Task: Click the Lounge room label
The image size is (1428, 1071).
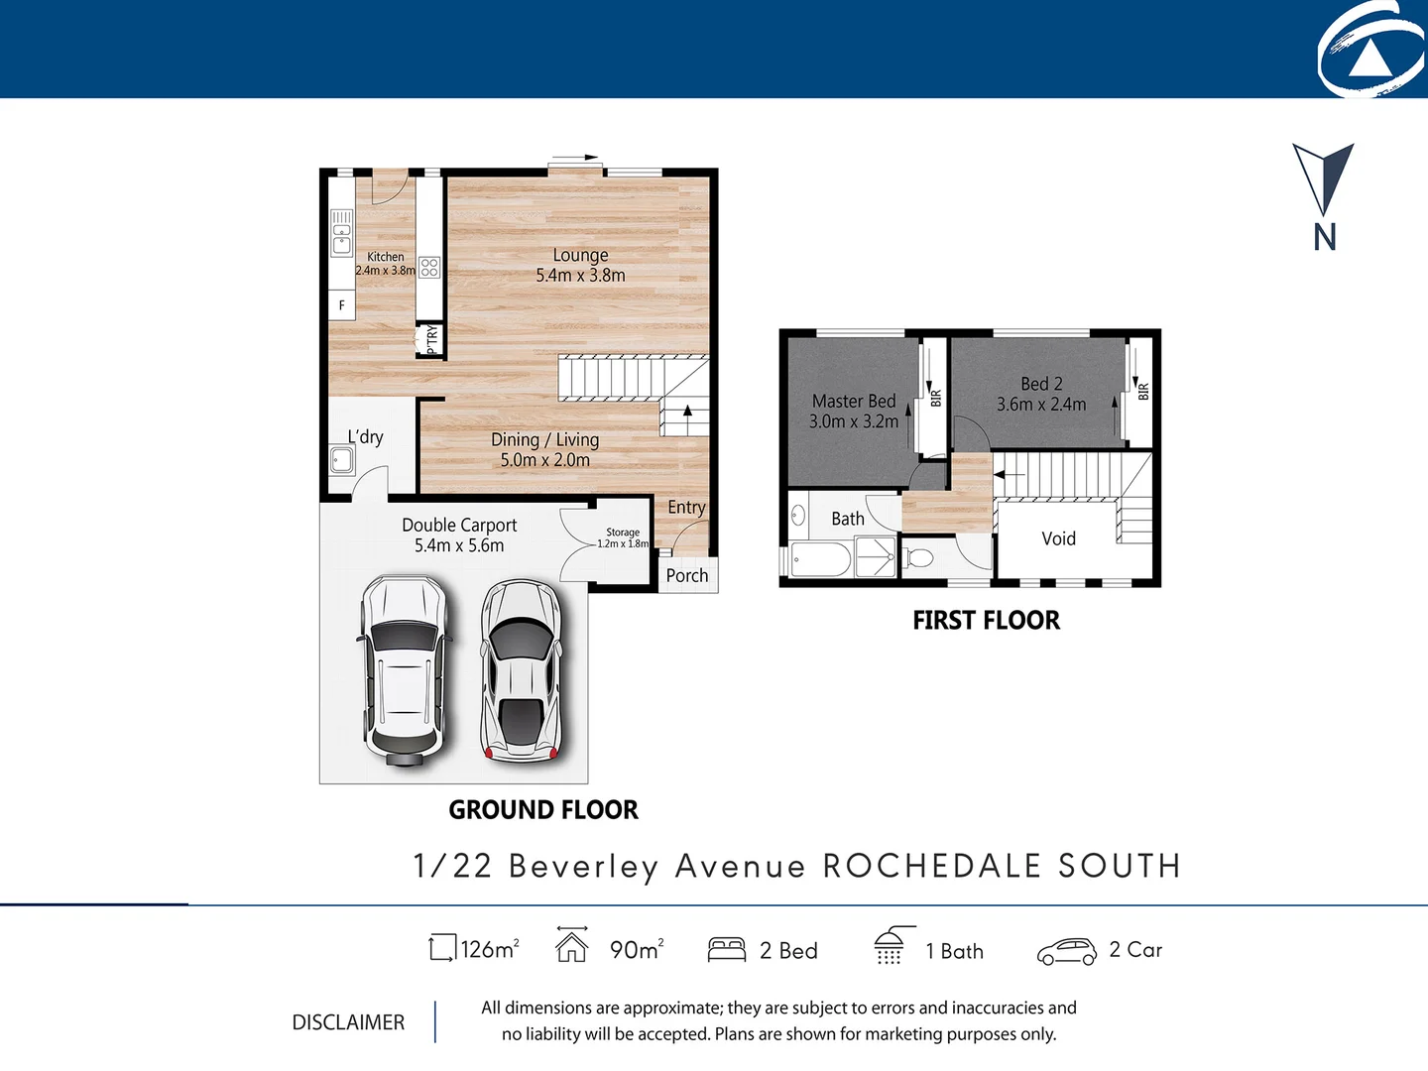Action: [580, 256]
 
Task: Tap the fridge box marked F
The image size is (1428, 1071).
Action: [342, 305]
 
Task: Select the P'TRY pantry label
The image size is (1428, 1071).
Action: [431, 340]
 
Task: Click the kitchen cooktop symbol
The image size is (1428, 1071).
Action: [429, 267]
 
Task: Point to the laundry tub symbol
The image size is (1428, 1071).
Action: [342, 460]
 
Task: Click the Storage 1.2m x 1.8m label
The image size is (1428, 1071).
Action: [623, 537]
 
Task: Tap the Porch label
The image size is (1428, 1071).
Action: [686, 575]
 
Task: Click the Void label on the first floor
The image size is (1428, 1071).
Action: [1058, 538]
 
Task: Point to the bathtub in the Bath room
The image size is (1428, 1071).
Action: [820, 559]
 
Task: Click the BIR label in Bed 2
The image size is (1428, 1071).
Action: [1143, 391]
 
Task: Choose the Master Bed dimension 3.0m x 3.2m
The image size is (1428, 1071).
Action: [854, 421]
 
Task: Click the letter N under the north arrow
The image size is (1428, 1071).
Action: [1325, 238]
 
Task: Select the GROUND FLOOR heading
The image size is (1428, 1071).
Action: [543, 810]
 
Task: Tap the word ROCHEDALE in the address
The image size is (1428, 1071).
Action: [931, 866]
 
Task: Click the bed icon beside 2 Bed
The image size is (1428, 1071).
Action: [727, 950]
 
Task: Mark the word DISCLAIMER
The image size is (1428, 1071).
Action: [348, 1022]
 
